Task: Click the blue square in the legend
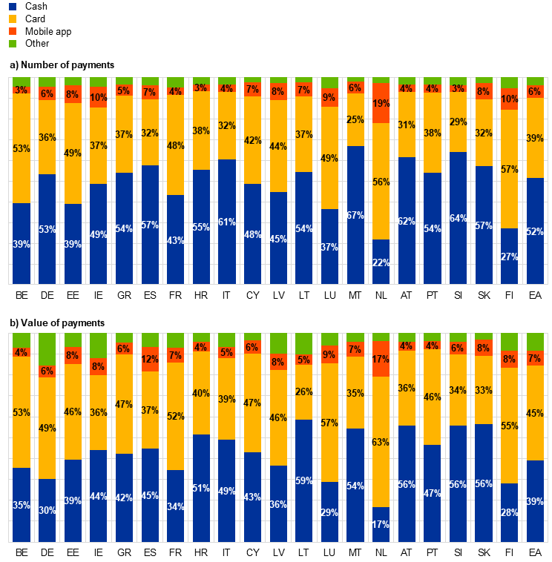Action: tap(13, 7)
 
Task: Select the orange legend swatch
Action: tap(13, 19)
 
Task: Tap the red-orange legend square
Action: tap(13, 31)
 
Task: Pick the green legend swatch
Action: tap(13, 44)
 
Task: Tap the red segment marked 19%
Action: tap(381, 103)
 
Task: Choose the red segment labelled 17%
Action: tap(381, 359)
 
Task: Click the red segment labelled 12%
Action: tap(150, 360)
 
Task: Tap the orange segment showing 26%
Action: tap(303, 392)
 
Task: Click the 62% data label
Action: tap(406, 221)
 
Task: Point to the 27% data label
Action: tap(509, 257)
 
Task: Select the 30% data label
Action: tap(47, 510)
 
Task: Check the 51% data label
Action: tap(201, 488)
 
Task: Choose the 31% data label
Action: tap(406, 125)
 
